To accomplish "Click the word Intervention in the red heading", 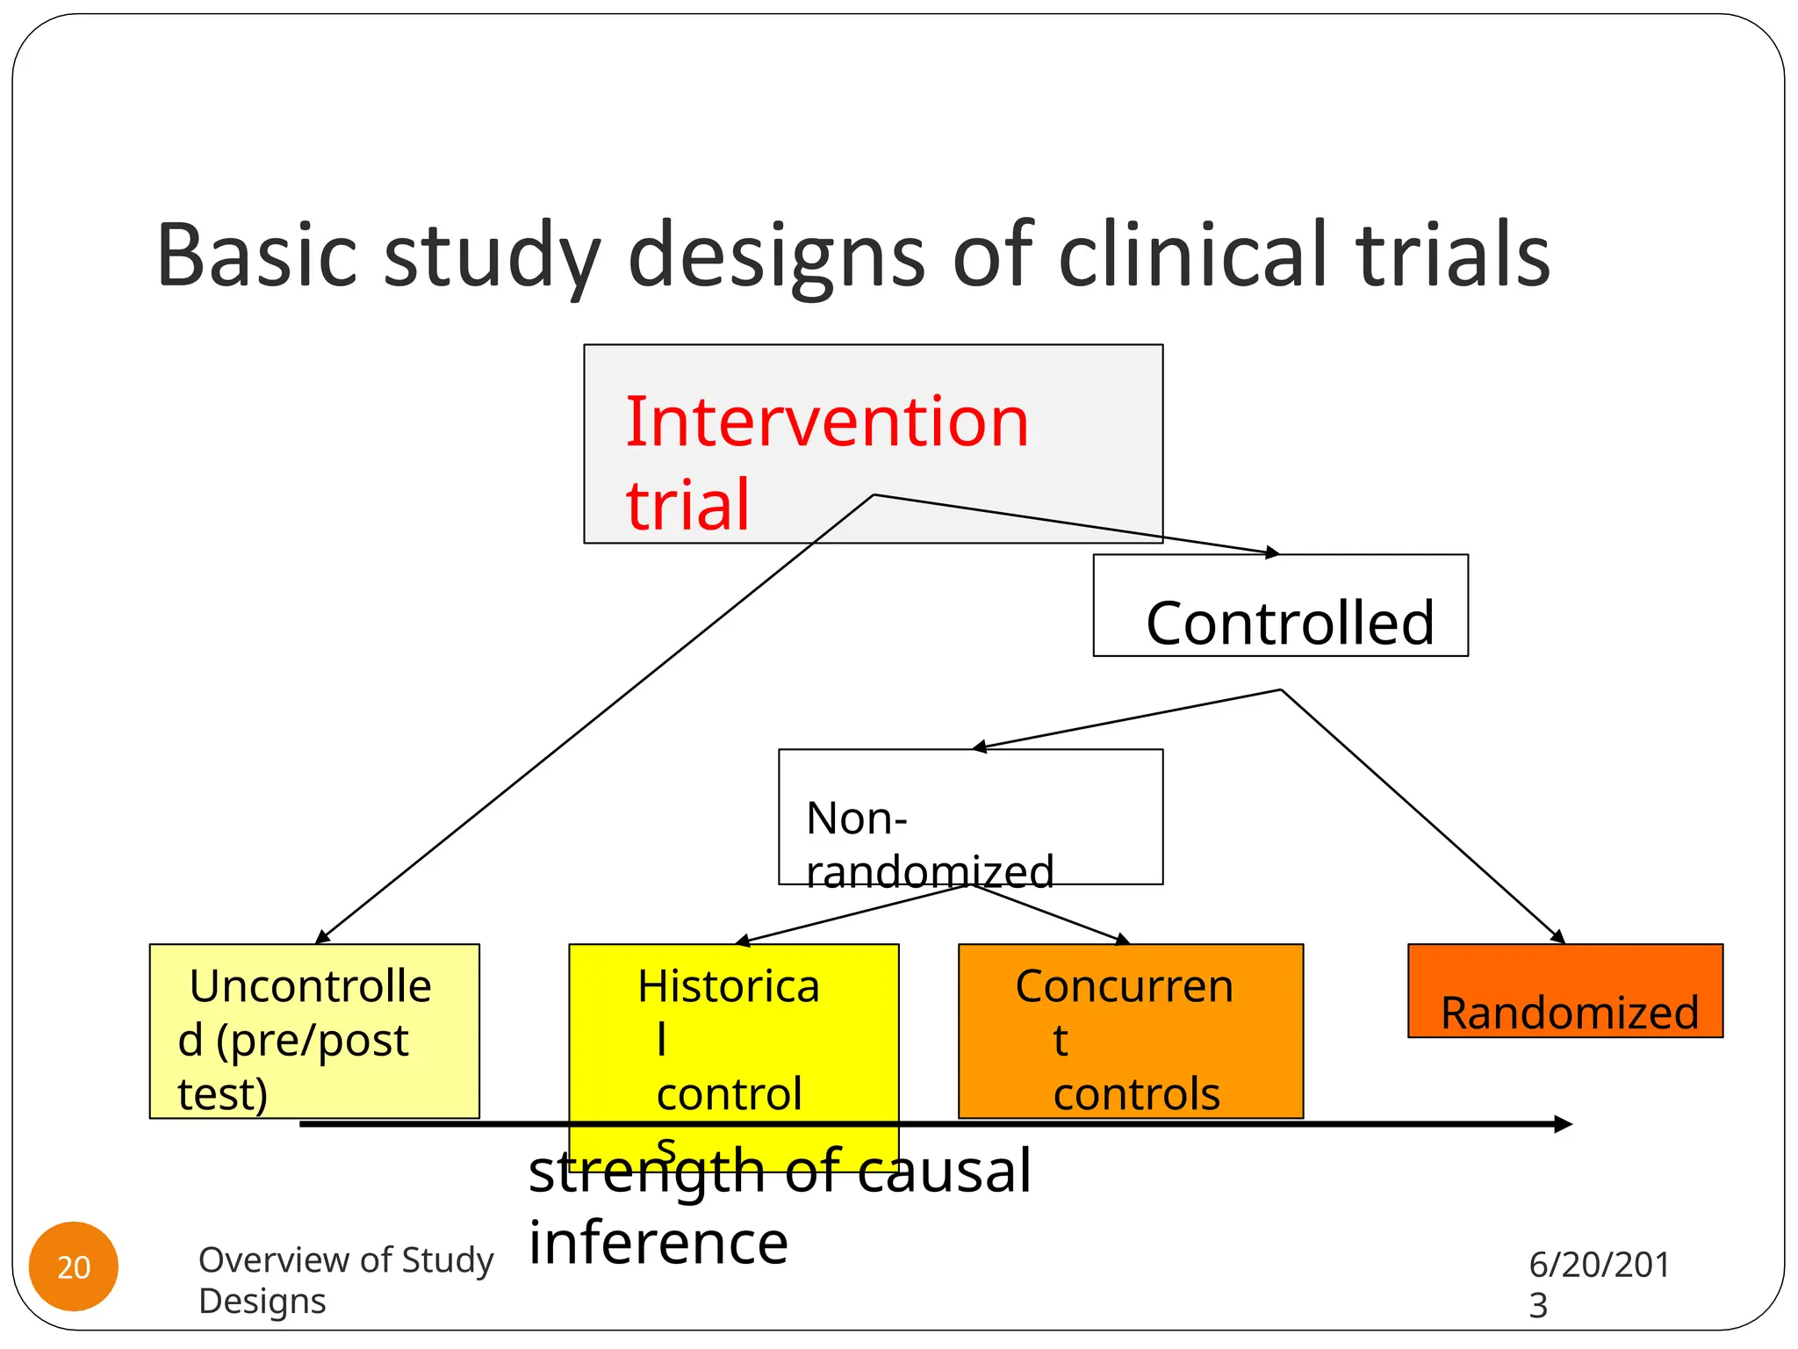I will pyautogui.click(x=826, y=422).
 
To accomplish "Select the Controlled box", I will pyautogui.click(x=1280, y=606).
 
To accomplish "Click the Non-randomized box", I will pyautogui.click(x=970, y=817).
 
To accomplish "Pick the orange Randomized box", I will pyautogui.click(x=1564, y=991).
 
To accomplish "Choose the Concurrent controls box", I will pyautogui.click(x=1130, y=1030).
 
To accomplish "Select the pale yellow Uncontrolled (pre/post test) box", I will pyautogui.click(x=314, y=1030).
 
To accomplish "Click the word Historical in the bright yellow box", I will pyautogui.click(x=729, y=986).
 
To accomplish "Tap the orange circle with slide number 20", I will pyautogui.click(x=74, y=1266).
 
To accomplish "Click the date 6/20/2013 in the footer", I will pyautogui.click(x=1598, y=1283).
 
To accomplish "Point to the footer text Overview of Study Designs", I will pyautogui.click(x=345, y=1279).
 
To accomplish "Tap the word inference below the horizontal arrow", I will pyautogui.click(x=658, y=1244).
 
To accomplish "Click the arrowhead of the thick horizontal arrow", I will pyautogui.click(x=1562, y=1124).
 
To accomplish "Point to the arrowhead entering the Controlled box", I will pyautogui.click(x=1272, y=552).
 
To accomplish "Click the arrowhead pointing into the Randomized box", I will pyautogui.click(x=1558, y=937).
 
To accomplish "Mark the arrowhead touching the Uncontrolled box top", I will pyautogui.click(x=322, y=937).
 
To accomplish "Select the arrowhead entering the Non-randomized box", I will pyautogui.click(x=980, y=747).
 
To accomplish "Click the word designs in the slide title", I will pyautogui.click(x=777, y=256).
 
